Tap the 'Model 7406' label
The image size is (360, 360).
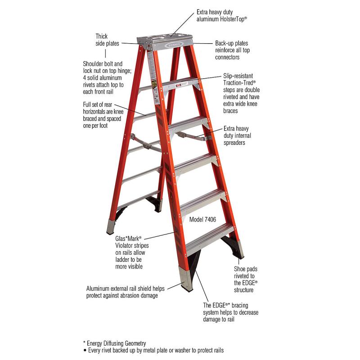[202, 220]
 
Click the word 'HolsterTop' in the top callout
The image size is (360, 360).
[233, 19]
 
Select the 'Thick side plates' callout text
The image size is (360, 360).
[107, 40]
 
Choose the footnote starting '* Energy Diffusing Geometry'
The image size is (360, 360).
[115, 343]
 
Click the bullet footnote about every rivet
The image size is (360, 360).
[153, 351]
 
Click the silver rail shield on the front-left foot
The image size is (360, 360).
[186, 279]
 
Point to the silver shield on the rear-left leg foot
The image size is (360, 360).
[111, 227]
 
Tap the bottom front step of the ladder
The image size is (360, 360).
[210, 240]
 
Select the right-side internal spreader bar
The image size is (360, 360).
[193, 136]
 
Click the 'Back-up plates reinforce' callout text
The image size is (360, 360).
[232, 50]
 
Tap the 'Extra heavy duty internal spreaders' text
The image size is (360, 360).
[237, 135]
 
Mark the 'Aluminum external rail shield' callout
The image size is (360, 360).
[126, 292]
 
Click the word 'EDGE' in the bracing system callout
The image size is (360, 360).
[219, 306]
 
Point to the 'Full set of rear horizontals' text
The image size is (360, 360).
[103, 115]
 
